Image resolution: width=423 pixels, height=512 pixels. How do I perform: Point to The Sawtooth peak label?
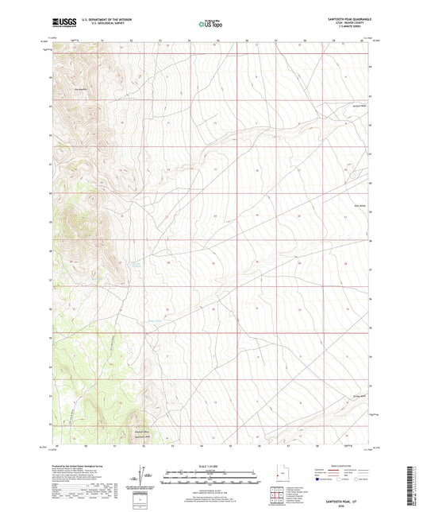(x=79, y=88)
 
